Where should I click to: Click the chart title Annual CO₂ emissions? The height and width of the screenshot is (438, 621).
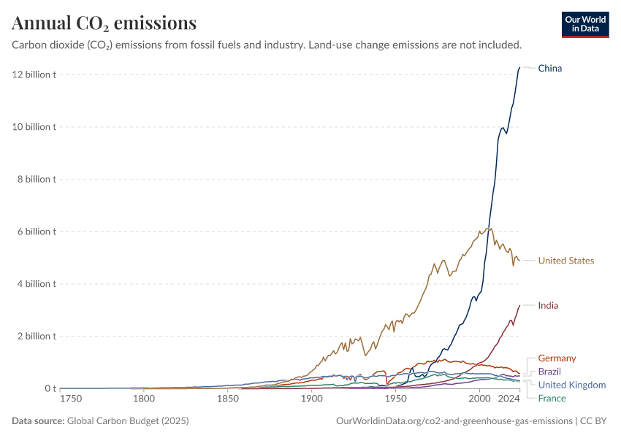point(104,23)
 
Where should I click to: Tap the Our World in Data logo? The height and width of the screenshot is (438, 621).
point(584,24)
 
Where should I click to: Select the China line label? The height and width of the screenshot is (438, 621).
point(549,69)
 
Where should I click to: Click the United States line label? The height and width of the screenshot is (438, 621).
point(565,261)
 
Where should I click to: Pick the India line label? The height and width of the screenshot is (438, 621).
point(548,305)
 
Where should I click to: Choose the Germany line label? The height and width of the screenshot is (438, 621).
point(557,358)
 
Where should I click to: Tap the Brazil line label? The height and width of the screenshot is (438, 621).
point(550,372)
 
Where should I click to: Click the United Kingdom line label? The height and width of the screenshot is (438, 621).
point(571,385)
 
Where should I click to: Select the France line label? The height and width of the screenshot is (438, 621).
point(552,398)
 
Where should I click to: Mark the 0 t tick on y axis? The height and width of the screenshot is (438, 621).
point(48,388)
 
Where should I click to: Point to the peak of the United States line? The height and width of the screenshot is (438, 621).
point(489,228)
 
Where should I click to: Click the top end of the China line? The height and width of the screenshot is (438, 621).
point(519,68)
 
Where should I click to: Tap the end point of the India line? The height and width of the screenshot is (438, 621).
point(519,305)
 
